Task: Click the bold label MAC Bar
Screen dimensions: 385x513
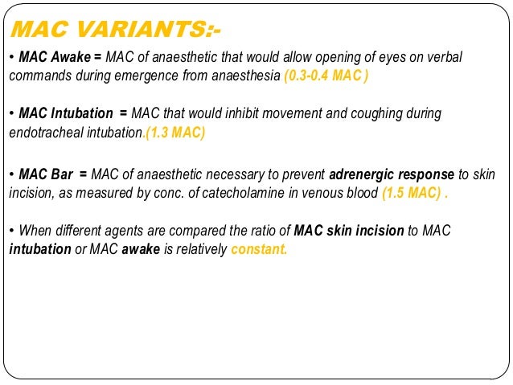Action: click(x=46, y=174)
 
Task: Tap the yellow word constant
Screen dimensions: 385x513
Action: click(x=258, y=249)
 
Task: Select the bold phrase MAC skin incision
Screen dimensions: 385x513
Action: click(x=349, y=231)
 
